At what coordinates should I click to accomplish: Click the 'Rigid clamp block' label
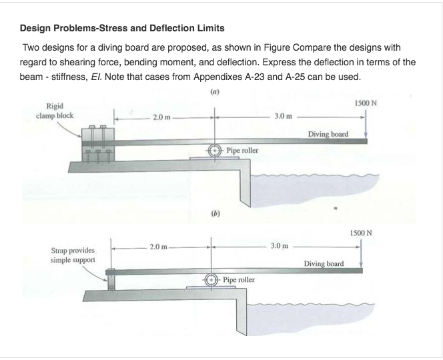click(x=55, y=109)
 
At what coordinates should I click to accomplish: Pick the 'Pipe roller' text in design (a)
click(x=241, y=151)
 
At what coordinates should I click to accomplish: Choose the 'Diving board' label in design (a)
click(x=328, y=134)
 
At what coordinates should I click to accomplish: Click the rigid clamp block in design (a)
click(x=97, y=142)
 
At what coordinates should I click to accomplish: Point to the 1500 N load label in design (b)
click(x=360, y=233)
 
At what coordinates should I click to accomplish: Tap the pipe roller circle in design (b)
click(x=213, y=280)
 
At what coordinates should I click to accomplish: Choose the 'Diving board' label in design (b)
click(x=324, y=263)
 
